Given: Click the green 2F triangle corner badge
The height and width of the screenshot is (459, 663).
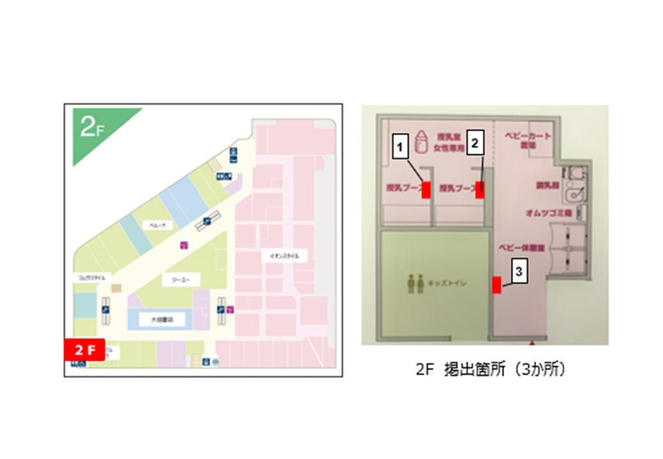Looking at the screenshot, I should tap(92, 128).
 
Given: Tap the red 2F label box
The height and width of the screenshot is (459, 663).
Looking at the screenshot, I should tap(84, 350).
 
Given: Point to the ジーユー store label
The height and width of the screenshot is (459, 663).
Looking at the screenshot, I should tap(172, 279).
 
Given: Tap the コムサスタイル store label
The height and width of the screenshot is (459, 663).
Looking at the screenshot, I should tap(92, 278).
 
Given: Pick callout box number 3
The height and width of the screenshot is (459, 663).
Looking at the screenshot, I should tap(520, 272).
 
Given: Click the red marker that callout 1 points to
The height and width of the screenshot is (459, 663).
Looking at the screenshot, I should tap(426, 190).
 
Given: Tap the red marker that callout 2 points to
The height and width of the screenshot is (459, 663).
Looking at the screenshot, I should tap(480, 190).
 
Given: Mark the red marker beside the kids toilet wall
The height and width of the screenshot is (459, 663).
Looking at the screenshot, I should tap(496, 284).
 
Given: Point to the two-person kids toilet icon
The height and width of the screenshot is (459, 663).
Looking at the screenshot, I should tap(416, 284).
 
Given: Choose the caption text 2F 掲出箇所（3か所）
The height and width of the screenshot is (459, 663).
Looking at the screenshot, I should tap(490, 369).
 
